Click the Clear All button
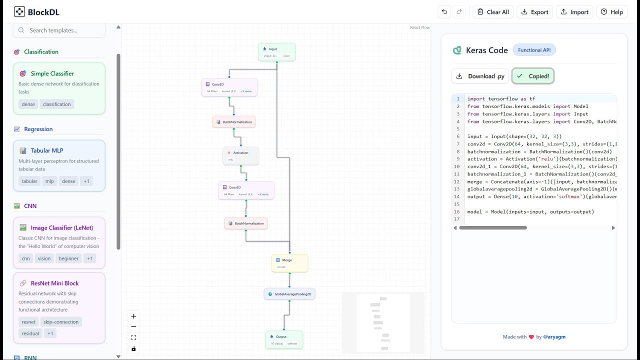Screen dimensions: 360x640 tap(492, 12)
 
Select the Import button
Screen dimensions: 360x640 tap(574, 12)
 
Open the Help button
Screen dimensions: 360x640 tap(611, 12)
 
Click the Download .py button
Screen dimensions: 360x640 tap(480, 76)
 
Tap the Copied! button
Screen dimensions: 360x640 tap(533, 76)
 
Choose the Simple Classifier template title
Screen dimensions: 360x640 tap(52, 73)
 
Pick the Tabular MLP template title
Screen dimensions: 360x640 tap(47, 150)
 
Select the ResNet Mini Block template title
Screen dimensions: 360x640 tap(54, 283)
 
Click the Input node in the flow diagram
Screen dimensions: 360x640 tap(277, 52)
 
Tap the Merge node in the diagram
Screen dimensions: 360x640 tap(289, 263)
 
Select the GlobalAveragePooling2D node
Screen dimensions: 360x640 tap(289, 294)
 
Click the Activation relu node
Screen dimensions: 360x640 tap(241, 155)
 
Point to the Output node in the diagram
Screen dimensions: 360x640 tap(284, 339)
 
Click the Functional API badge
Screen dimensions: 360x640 tap(534, 50)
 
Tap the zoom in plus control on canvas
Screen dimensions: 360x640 tap(133, 316)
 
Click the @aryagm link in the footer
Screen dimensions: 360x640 tap(554, 337)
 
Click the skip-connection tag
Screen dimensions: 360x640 tap(61, 322)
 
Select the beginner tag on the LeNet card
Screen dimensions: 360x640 tap(68, 258)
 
